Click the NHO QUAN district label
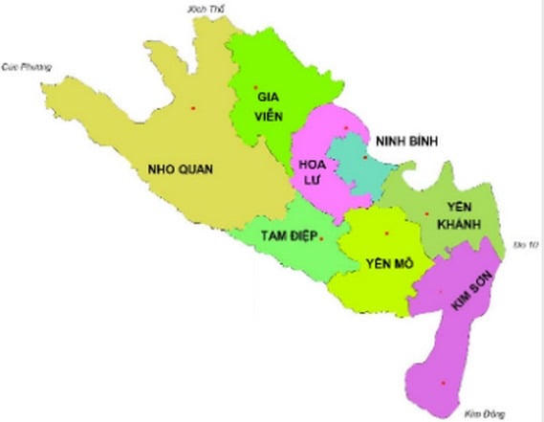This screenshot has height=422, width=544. (181, 170)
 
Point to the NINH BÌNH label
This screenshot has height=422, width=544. (405, 141)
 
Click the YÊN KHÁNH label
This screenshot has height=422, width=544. (464, 215)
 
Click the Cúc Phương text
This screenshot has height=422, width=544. (25, 66)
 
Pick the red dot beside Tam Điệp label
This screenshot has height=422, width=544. (322, 237)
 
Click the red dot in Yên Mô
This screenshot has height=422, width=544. (387, 233)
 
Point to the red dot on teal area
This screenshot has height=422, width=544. (365, 157)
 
